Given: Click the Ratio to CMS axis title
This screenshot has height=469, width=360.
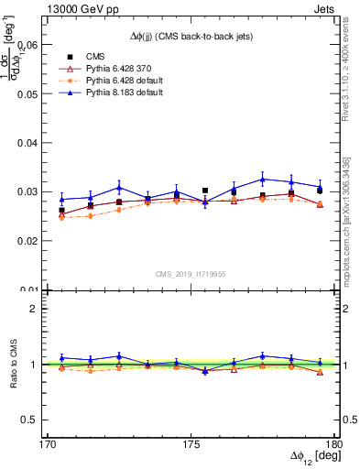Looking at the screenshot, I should (12, 364).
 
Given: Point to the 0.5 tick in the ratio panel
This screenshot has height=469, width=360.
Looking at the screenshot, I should (33, 420).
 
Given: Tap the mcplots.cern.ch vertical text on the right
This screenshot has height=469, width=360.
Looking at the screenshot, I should (350, 220).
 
